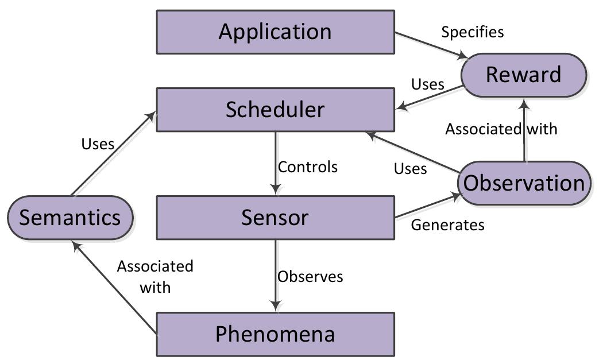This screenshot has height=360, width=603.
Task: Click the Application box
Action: (275, 32)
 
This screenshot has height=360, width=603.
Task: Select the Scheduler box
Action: (275, 110)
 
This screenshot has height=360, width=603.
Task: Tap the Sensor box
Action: (275, 218)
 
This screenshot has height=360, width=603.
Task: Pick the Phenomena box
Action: (275, 334)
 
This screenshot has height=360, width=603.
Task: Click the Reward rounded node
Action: (523, 75)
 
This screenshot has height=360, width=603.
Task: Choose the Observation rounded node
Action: (524, 183)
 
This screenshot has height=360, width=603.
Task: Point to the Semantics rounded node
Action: (70, 218)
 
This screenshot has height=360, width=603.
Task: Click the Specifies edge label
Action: (472, 32)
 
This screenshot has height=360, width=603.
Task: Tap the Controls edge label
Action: (307, 167)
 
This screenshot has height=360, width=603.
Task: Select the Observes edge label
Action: (310, 276)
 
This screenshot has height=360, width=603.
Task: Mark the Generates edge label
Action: (447, 225)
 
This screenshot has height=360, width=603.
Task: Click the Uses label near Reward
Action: (428, 84)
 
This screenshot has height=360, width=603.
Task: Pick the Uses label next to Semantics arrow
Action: (98, 144)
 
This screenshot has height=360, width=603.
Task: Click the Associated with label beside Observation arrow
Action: (501, 129)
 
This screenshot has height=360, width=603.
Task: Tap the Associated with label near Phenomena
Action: (155, 276)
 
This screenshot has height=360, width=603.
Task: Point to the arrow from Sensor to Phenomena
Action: (276, 276)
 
